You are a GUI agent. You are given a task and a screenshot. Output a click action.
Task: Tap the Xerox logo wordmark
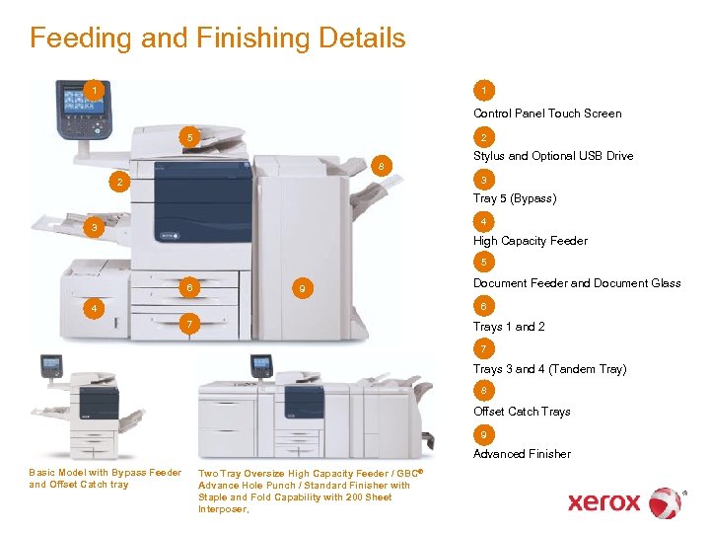pos(603,502)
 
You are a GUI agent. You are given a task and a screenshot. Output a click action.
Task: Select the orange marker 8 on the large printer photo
pos(381,164)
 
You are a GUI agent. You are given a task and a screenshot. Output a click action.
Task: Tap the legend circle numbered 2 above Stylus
pos(483,137)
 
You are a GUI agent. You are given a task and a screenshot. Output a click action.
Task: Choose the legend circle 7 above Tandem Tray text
pos(483,349)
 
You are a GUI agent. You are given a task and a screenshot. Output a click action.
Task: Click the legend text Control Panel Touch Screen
pos(547,114)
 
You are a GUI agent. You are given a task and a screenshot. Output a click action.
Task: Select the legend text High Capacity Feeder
pos(530,241)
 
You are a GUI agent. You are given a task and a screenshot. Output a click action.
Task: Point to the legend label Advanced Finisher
pos(522,454)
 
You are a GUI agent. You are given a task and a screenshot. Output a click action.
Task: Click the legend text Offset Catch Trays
pos(522,412)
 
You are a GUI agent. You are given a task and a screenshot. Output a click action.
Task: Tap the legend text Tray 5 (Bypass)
pos(515,198)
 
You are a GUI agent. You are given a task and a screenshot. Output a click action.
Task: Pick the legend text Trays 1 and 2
pos(509,327)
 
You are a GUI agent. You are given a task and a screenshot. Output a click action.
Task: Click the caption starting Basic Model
pos(106,479)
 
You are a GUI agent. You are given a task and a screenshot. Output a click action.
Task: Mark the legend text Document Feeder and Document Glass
pos(577,283)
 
